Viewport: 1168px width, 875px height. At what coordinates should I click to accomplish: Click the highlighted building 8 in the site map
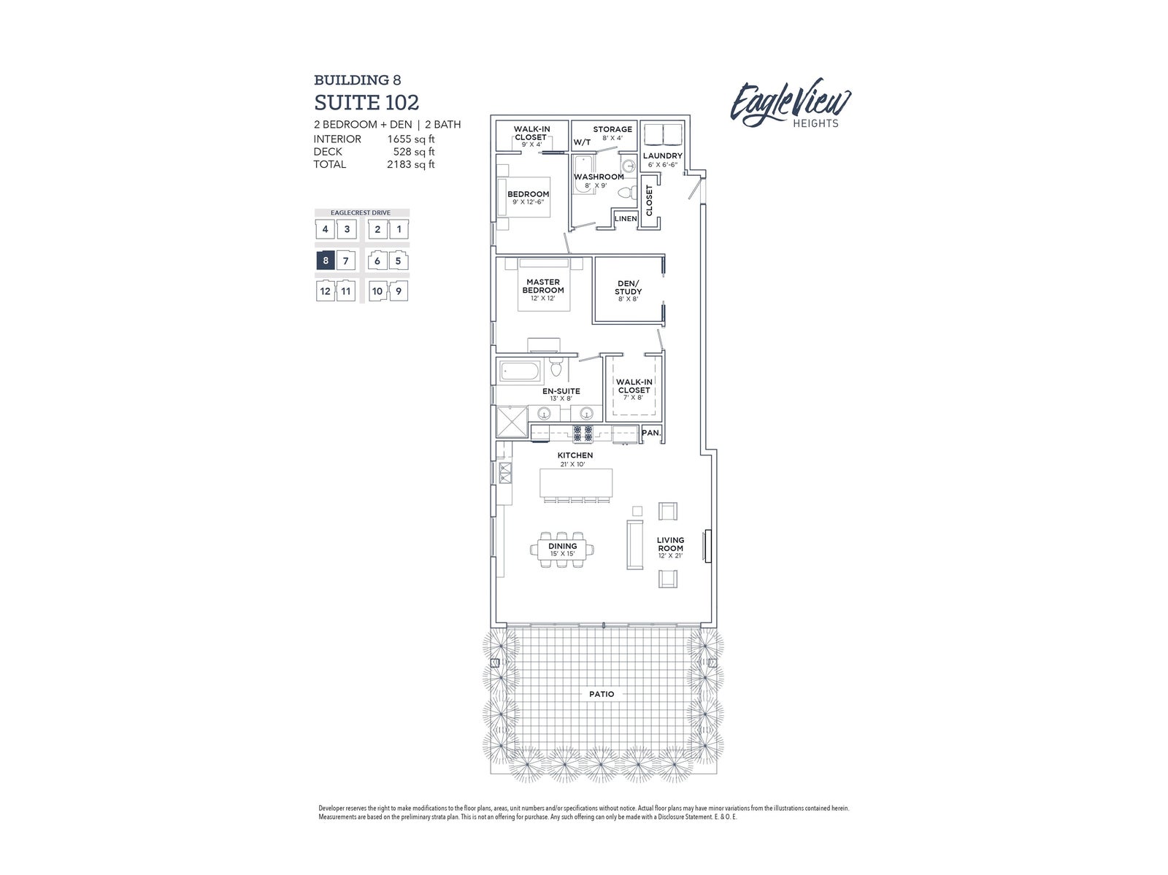pyautogui.click(x=325, y=261)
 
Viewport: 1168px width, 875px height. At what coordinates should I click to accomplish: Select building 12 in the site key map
pyautogui.click(x=325, y=291)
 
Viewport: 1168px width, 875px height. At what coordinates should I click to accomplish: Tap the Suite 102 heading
pyautogui.click(x=366, y=102)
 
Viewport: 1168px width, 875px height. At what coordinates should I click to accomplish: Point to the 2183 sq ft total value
pyautogui.click(x=410, y=164)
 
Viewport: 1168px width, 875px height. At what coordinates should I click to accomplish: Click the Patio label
pyautogui.click(x=602, y=694)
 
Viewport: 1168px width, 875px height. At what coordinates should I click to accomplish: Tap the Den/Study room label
pyautogui.click(x=628, y=288)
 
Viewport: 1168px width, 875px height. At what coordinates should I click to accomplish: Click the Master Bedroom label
pyautogui.click(x=543, y=286)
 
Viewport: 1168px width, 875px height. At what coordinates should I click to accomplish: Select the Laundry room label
pyautogui.click(x=663, y=156)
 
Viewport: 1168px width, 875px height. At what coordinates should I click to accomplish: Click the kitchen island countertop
pyautogui.click(x=576, y=483)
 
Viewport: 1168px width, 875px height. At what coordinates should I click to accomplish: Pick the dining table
pyautogui.click(x=562, y=550)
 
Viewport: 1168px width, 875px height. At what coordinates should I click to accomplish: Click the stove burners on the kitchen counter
pyautogui.click(x=582, y=434)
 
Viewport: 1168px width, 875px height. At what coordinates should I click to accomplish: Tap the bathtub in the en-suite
pyautogui.click(x=520, y=371)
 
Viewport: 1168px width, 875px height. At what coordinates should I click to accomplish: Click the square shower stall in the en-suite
pyautogui.click(x=512, y=421)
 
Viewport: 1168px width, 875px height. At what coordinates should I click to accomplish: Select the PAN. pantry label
pyautogui.click(x=650, y=433)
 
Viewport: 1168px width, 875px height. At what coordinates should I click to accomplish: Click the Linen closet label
pyautogui.click(x=626, y=219)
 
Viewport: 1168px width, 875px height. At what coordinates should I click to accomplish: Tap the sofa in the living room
pyautogui.click(x=635, y=544)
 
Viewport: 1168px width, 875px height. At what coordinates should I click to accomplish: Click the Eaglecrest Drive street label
pyautogui.click(x=360, y=213)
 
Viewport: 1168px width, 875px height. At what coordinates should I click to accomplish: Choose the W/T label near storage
pyautogui.click(x=582, y=142)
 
